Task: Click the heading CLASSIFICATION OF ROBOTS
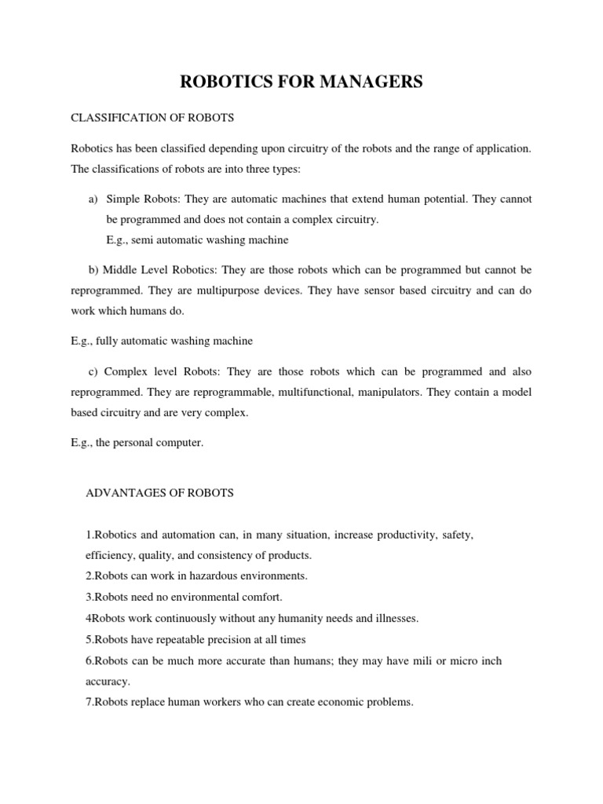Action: pyautogui.click(x=153, y=118)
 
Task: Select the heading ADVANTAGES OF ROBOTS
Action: pyautogui.click(x=159, y=493)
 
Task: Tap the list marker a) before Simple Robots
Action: pyautogui.click(x=93, y=199)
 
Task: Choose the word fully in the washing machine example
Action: pyautogui.click(x=108, y=342)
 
